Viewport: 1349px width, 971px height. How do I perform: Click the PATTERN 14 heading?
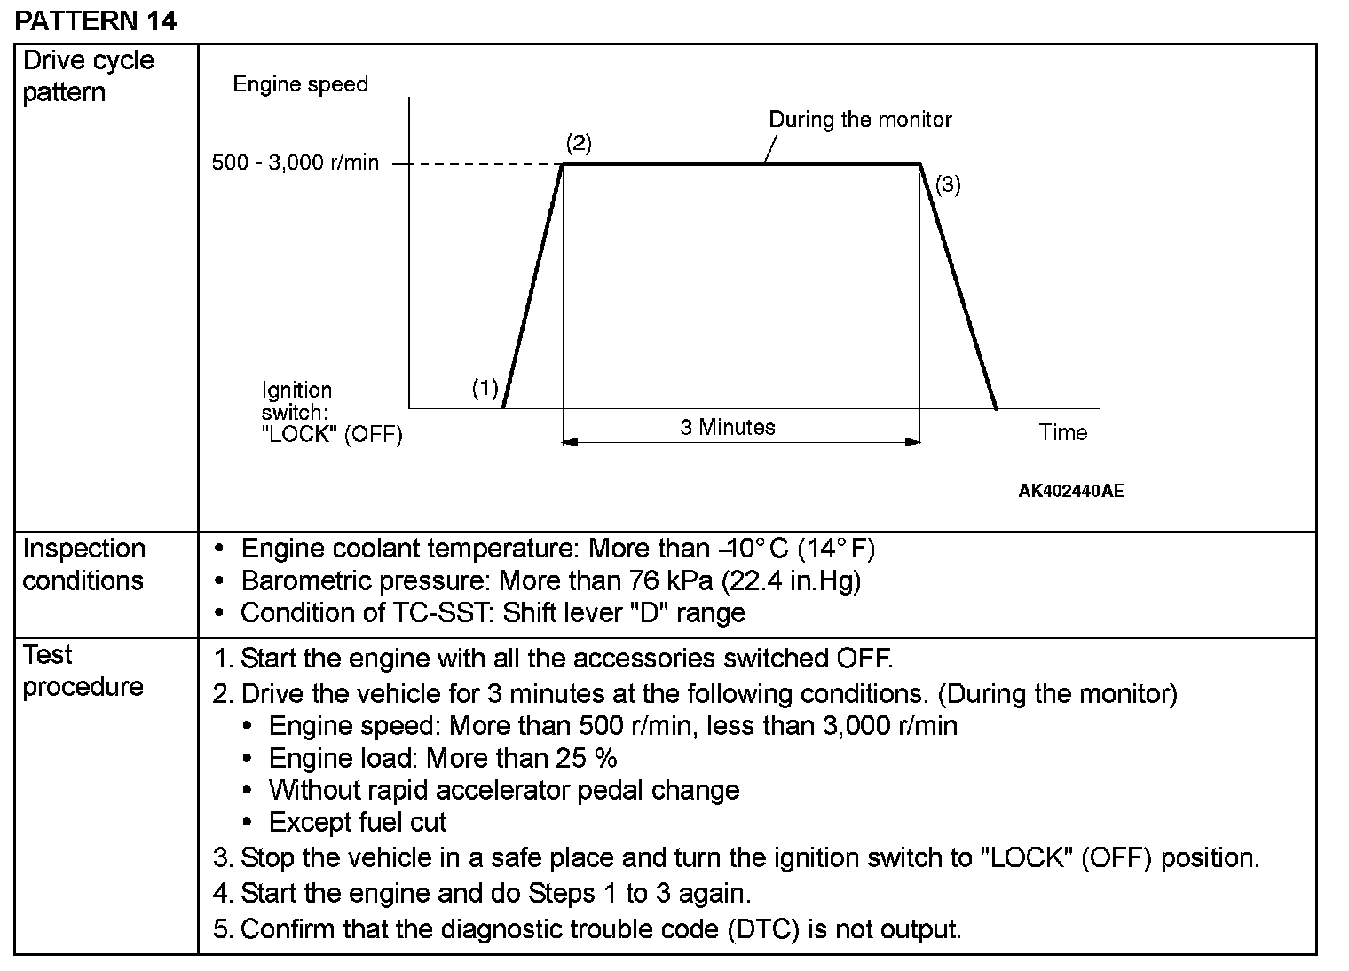pyautogui.click(x=96, y=20)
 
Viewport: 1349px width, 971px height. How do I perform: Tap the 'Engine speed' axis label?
pyautogui.click(x=300, y=84)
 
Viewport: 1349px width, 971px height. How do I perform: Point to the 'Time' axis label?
pyautogui.click(x=1062, y=432)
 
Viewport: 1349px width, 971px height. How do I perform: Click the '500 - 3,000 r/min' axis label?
pyautogui.click(x=295, y=163)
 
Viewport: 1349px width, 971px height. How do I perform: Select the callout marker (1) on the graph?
pyautogui.click(x=485, y=388)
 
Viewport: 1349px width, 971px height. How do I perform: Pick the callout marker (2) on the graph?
pyautogui.click(x=579, y=143)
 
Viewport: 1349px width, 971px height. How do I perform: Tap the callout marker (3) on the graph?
pyautogui.click(x=948, y=185)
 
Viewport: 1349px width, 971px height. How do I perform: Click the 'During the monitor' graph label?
pyautogui.click(x=860, y=120)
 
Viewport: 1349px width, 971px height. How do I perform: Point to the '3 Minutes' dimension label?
pyautogui.click(x=728, y=427)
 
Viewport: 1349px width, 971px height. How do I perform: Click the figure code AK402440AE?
pyautogui.click(x=1070, y=491)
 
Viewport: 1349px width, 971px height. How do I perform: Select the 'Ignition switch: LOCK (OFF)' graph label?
pyautogui.click(x=331, y=413)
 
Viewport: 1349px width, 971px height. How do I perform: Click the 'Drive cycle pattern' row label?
pyautogui.click(x=88, y=76)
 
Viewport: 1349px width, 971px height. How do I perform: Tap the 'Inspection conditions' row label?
pyautogui.click(x=83, y=564)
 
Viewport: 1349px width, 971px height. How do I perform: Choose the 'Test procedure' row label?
pyautogui.click(x=83, y=670)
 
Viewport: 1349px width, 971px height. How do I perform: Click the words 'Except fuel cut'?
pyautogui.click(x=358, y=822)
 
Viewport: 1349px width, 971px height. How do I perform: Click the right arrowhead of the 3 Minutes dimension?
pyautogui.click(x=912, y=441)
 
